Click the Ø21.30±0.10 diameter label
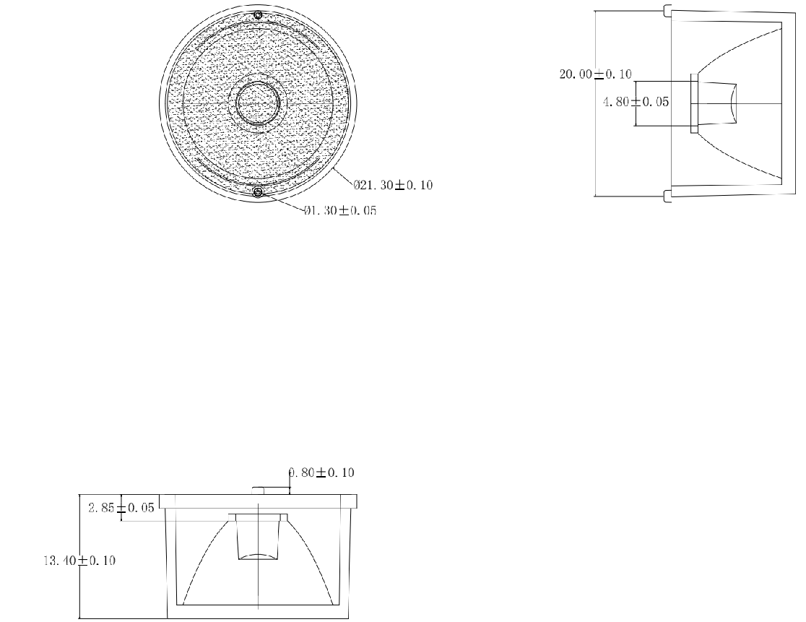pos(393,184)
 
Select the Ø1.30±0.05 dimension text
pos(339,210)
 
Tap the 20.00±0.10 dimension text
pos(595,74)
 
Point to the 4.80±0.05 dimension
pos(636,102)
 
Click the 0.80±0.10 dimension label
pos(321,472)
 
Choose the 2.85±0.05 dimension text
pos(121,508)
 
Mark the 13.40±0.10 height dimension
pos(79,561)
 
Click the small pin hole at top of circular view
pos(258,14)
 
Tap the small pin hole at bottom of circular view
pos(258,192)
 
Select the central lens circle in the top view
pos(258,103)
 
